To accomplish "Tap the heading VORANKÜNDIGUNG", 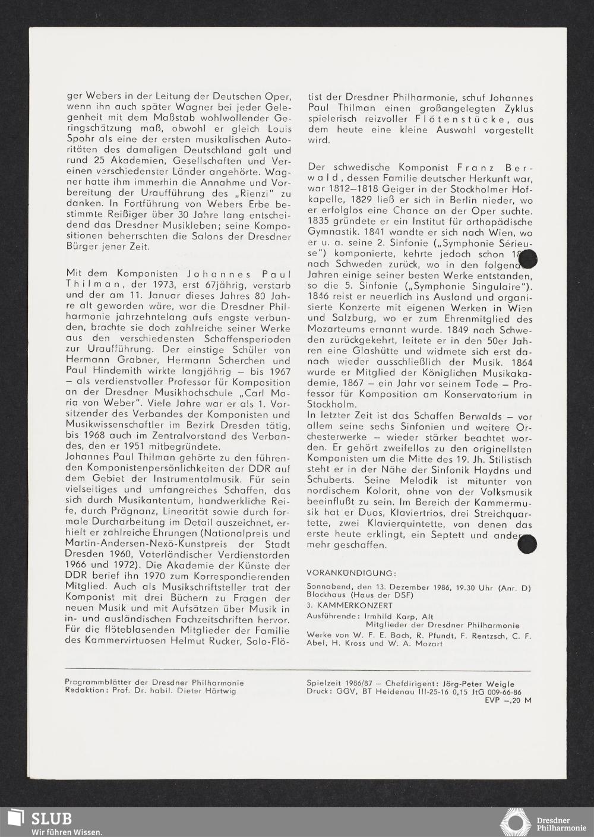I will [350, 573].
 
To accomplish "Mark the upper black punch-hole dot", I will [527, 260].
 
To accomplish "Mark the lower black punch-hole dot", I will [527, 544].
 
